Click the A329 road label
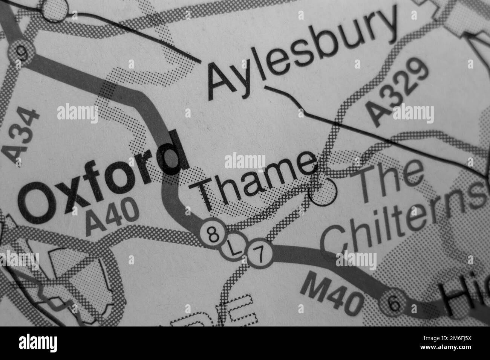coord(400,92)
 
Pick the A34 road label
coord(23,136)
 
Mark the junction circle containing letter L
coord(234,249)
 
